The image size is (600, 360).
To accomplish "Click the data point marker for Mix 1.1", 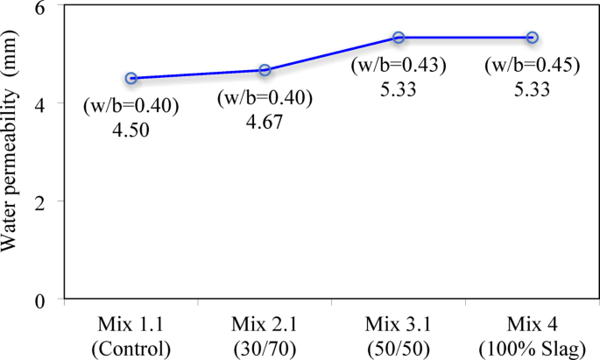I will coord(131,78).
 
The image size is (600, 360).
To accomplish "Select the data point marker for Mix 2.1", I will coord(265,70).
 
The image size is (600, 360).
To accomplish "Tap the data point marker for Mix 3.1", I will coord(399,38).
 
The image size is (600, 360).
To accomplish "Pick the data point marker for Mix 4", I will coord(532,38).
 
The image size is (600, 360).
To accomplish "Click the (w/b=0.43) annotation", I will coord(399,66).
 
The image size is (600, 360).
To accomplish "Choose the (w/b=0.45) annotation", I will coord(532,66).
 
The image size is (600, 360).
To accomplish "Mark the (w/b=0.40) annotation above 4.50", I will coord(131,107).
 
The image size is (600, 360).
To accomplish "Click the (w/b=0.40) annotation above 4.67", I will coord(265,97).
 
